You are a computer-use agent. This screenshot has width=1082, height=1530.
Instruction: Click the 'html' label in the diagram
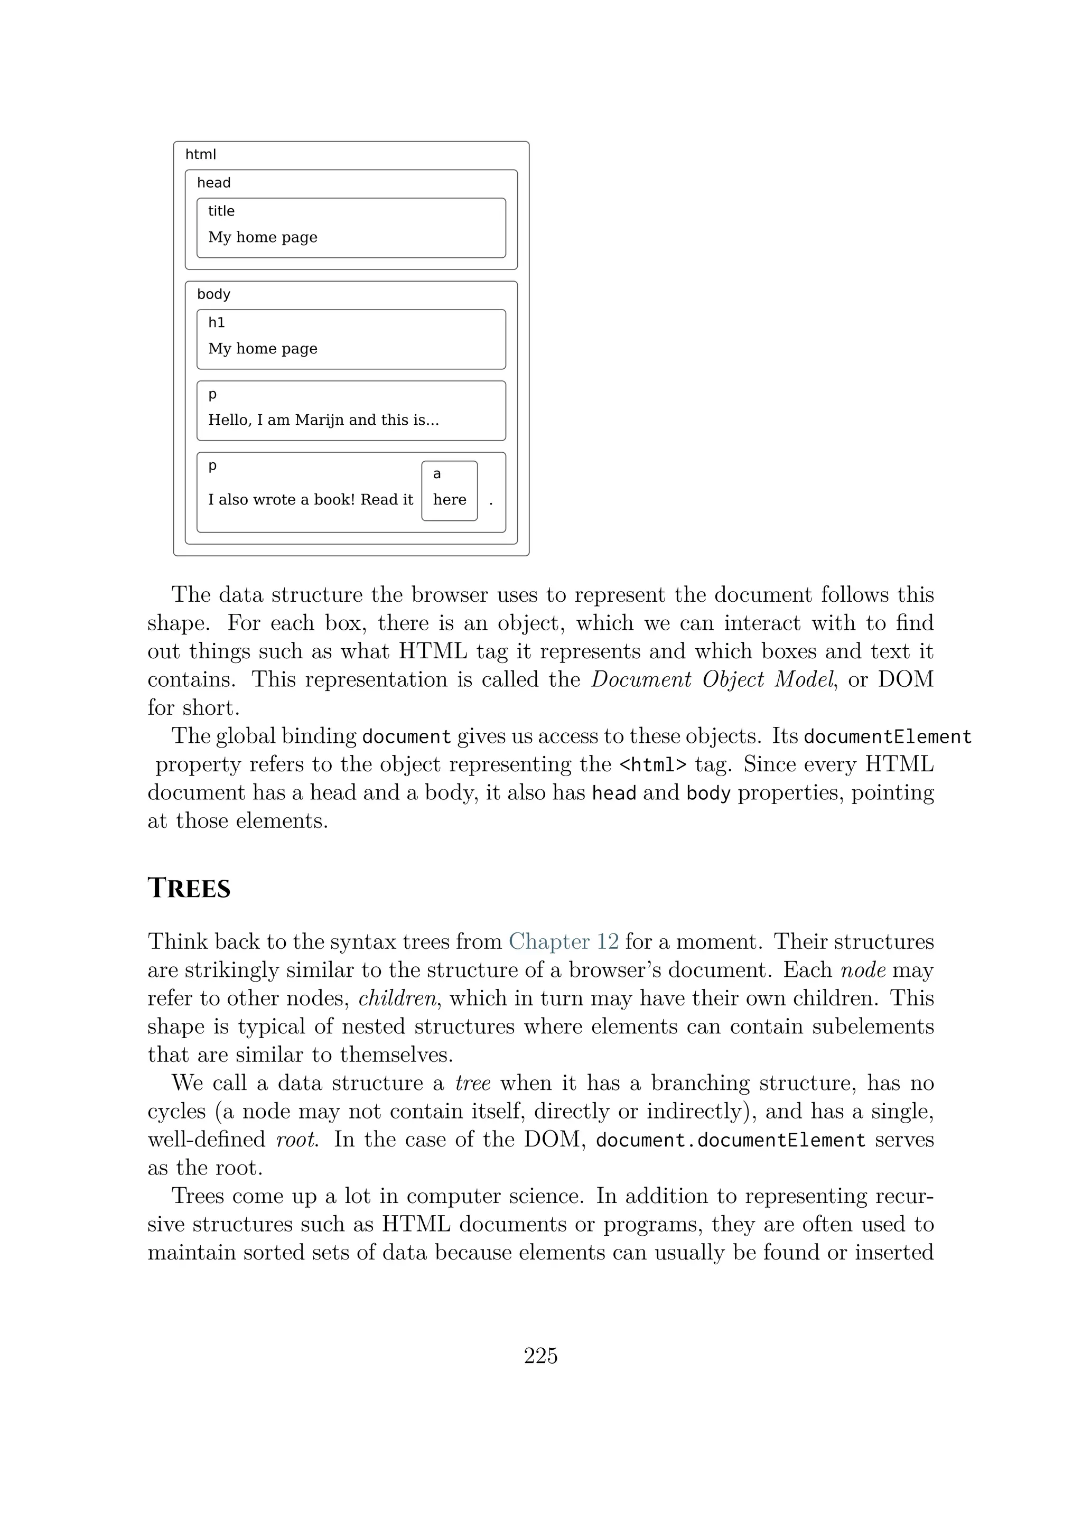point(201,155)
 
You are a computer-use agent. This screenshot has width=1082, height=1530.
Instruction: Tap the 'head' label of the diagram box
point(213,183)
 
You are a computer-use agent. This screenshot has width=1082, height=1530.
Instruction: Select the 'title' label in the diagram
point(221,211)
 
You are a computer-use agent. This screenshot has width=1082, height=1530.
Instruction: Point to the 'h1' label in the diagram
point(217,322)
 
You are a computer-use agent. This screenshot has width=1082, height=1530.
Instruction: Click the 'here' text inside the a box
point(449,500)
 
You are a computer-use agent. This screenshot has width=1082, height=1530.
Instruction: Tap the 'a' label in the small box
point(437,474)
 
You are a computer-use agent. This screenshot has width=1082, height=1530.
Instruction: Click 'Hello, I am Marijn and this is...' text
point(323,420)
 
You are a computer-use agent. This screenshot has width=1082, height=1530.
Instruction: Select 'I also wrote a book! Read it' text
point(311,500)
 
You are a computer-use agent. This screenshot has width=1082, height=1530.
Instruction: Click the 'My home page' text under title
point(263,237)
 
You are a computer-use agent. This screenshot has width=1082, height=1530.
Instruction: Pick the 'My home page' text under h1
point(263,349)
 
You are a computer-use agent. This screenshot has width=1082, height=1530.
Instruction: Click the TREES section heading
point(189,889)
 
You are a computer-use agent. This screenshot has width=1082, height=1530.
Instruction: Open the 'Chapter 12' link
point(564,941)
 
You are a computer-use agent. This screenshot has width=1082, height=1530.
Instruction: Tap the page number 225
point(540,1356)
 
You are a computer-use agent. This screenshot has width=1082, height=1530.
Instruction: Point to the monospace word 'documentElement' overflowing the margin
point(888,737)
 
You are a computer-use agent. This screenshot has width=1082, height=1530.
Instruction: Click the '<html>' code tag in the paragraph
point(652,765)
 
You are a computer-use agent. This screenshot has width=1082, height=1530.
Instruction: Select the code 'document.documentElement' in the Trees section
point(730,1140)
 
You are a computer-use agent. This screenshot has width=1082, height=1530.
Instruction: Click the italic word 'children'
point(398,998)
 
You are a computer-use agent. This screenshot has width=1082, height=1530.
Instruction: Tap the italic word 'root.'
point(297,1140)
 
